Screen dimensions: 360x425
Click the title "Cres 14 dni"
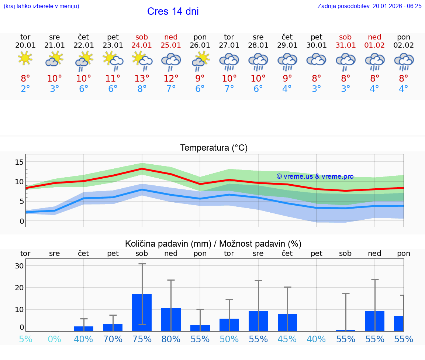tap(173, 11)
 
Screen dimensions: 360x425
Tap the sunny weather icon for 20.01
tap(25, 58)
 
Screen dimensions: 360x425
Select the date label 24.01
tap(142, 45)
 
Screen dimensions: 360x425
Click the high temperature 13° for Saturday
tap(142, 78)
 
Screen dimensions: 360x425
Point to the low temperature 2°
tap(25, 89)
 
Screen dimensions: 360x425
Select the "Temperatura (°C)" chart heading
tap(214, 148)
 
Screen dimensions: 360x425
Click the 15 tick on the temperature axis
tap(20, 162)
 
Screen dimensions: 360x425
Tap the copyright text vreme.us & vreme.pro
tap(315, 176)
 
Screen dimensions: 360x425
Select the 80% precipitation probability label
tap(171, 339)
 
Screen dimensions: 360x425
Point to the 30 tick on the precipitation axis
tap(20, 266)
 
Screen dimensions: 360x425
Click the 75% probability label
tap(142, 339)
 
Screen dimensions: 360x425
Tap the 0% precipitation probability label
tap(54, 339)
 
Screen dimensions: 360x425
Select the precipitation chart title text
tap(213, 244)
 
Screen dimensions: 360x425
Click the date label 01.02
tap(374, 45)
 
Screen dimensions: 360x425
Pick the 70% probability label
tap(113, 339)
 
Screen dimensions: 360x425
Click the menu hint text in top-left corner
tap(41, 6)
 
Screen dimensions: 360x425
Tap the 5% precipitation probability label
tap(25, 339)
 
